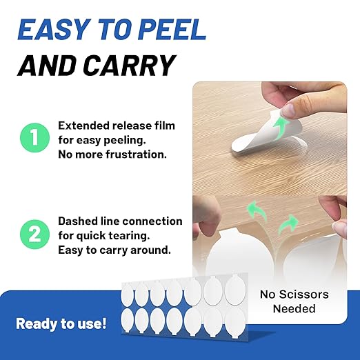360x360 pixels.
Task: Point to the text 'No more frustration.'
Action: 112,154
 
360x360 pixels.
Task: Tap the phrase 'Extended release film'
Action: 117,126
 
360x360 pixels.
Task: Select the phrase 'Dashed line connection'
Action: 120,221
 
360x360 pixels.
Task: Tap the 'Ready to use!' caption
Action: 61,323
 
